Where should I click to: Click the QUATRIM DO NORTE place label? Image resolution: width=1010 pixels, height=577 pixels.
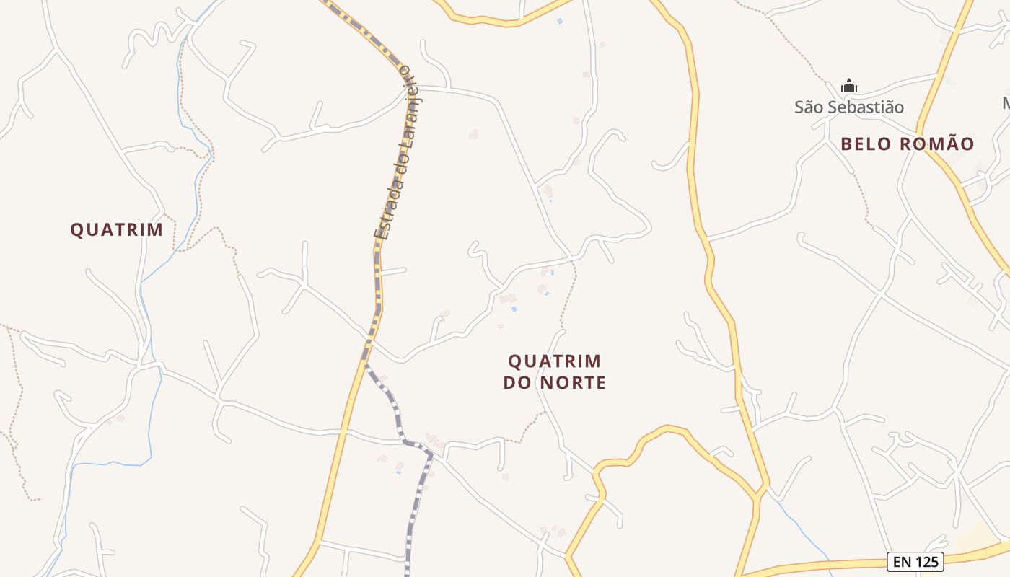pyautogui.click(x=554, y=371)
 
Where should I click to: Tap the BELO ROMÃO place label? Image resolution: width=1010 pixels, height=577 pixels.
pyautogui.click(x=907, y=144)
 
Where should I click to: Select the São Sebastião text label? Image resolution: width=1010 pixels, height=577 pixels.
pyautogui.click(x=849, y=107)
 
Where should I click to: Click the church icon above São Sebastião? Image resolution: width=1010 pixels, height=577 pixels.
pyautogui.click(x=849, y=86)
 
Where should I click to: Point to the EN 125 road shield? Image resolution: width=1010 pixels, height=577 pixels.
pyautogui.click(x=915, y=561)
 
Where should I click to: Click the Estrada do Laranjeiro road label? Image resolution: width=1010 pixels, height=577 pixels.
pyautogui.click(x=395, y=151)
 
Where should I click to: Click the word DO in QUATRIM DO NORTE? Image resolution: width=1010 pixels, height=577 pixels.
pyautogui.click(x=517, y=383)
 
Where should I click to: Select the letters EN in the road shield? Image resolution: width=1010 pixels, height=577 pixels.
pyautogui.click(x=901, y=561)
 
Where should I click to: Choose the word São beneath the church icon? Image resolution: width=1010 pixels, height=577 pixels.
pyautogui.click(x=808, y=107)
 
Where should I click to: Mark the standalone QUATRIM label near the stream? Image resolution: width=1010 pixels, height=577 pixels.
pyautogui.click(x=116, y=229)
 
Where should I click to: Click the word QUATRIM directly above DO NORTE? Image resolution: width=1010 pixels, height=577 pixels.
pyautogui.click(x=554, y=361)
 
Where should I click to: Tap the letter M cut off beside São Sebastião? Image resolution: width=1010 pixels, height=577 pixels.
pyautogui.click(x=1006, y=104)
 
